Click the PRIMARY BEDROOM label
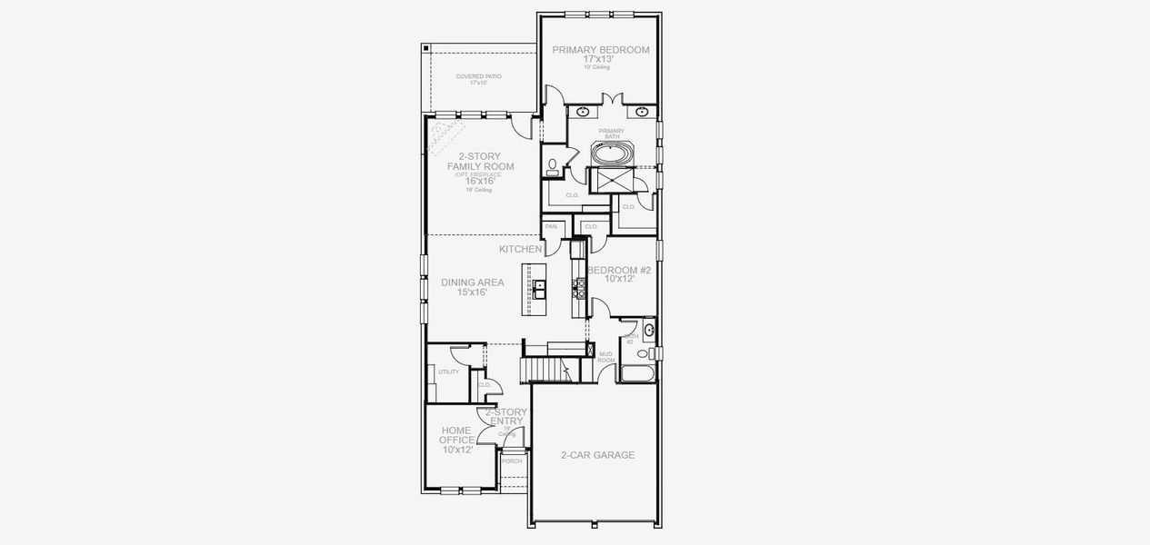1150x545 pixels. point(600,50)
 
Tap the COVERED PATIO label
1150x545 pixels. point(478,77)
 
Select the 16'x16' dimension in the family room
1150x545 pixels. point(480,181)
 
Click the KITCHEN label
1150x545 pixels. point(520,249)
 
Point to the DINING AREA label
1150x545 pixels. point(472,282)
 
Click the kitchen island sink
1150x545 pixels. point(539,289)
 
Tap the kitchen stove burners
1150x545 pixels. point(576,288)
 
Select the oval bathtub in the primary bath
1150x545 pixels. point(609,154)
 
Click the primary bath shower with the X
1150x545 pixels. point(610,181)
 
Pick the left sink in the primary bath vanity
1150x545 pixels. point(584,113)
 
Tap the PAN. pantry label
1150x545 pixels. point(551,226)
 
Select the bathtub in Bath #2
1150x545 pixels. point(635,372)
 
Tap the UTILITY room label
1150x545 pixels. point(448,372)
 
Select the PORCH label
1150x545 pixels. point(512,461)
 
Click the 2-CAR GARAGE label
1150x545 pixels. point(596,455)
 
